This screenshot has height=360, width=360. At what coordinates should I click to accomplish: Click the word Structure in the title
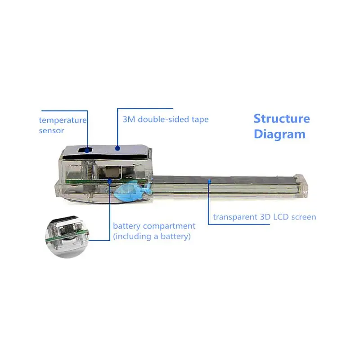click(282, 119)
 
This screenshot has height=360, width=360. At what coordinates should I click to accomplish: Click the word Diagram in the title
click(279, 135)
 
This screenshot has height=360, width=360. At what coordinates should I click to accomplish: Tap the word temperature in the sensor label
click(63, 120)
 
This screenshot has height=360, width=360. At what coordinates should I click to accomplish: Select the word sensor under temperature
click(51, 130)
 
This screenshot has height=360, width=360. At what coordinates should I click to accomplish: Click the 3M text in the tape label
click(129, 119)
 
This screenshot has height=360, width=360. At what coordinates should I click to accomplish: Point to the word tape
click(200, 120)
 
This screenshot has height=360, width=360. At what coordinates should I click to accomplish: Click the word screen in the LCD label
click(303, 217)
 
